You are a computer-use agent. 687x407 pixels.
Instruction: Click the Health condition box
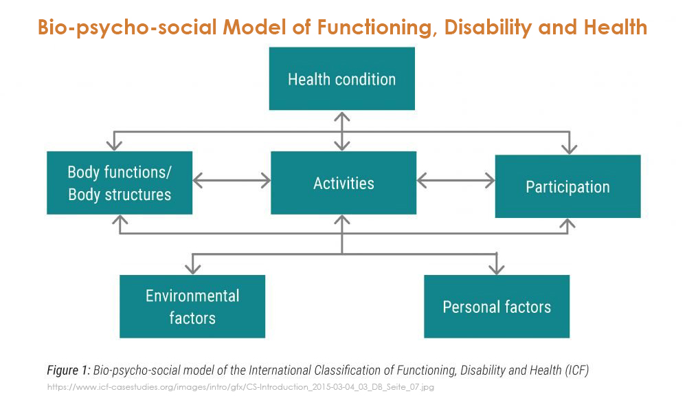coord(341,78)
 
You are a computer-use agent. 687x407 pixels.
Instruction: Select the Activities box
coord(343,183)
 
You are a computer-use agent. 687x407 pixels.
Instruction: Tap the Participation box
coord(568,186)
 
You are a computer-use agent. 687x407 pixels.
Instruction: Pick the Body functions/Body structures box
coord(120,183)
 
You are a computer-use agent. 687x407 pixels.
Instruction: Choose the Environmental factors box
coord(192,307)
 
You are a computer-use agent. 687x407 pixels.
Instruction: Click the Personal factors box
coord(497,307)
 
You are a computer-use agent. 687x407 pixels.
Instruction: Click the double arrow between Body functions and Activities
coord(232,180)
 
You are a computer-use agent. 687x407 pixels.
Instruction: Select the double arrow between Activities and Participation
coord(455,180)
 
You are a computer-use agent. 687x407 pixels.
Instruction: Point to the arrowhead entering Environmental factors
coord(193,268)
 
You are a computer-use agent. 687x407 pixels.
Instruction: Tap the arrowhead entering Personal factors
coord(497,268)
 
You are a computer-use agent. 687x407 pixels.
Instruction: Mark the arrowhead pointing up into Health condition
coord(341,117)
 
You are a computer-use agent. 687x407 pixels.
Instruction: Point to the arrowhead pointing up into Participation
coord(568,224)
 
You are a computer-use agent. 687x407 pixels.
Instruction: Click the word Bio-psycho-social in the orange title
coord(128,27)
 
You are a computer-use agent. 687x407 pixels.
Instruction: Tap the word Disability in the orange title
coord(488,27)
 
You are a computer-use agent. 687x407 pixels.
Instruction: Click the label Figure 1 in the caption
coord(68,370)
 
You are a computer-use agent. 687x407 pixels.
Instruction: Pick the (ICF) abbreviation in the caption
coord(576,370)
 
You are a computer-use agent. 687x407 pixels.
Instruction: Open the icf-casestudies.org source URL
coord(240,387)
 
